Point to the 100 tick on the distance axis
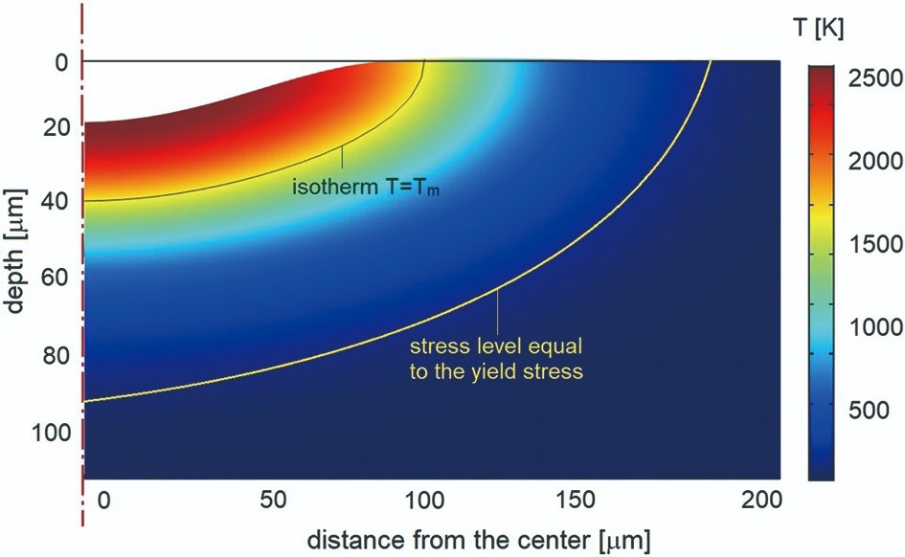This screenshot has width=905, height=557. (428, 501)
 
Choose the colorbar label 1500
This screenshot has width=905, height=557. (875, 246)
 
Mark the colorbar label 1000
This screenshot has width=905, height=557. (875, 328)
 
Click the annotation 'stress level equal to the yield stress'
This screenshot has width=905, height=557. (495, 358)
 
